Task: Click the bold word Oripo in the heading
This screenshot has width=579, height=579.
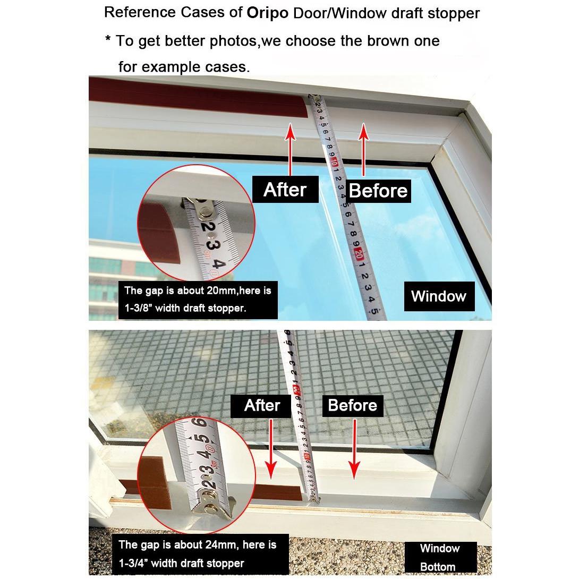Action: point(267,13)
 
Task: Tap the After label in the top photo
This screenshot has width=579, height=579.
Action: point(285,190)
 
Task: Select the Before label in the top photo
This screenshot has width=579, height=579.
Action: point(378,191)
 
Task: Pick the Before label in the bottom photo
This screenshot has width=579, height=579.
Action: point(353,405)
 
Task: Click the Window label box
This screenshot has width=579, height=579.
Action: point(439,296)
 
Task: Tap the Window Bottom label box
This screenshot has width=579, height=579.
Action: point(440,557)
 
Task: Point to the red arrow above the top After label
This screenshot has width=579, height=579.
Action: point(290,149)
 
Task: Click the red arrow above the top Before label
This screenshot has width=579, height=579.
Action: point(364,149)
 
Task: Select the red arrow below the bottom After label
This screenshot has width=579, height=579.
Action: point(271,449)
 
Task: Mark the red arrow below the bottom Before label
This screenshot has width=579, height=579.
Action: point(354,449)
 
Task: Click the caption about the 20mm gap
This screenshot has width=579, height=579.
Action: point(198,300)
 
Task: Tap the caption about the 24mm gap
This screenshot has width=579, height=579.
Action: point(200,554)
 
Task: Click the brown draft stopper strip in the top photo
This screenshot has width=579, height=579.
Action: point(199,98)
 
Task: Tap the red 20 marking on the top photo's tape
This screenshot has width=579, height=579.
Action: point(358,254)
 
